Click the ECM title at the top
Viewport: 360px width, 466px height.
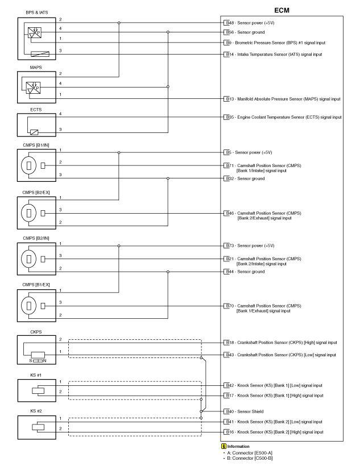(282, 10)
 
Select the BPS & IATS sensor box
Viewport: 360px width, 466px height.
(34, 39)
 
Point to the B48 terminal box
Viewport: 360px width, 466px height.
(228, 23)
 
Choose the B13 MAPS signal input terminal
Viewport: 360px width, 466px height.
(228, 99)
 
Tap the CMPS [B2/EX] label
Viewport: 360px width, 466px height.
(36, 192)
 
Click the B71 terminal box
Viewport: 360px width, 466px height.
(228, 165)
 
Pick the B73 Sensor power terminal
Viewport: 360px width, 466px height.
(228, 246)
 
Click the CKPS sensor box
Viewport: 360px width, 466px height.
(34, 349)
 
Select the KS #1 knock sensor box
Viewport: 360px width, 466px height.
(34, 391)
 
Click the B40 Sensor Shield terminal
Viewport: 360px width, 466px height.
(228, 411)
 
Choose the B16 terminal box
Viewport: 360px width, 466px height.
(228, 432)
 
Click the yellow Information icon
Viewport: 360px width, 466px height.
(224, 447)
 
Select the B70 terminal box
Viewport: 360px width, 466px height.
(228, 306)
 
